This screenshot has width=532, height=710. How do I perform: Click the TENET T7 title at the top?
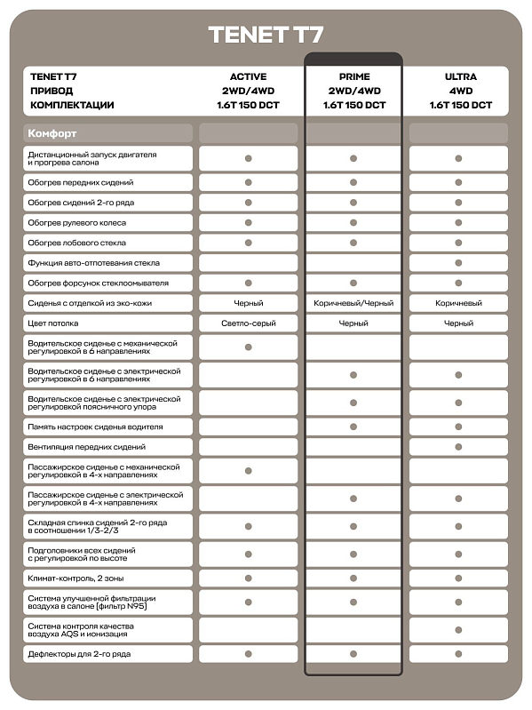click(266, 36)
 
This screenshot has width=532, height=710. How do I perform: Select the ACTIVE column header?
click(248, 77)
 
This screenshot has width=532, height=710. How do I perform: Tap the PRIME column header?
click(353, 77)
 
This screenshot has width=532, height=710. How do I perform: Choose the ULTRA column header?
click(460, 77)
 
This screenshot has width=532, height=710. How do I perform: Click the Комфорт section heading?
click(52, 133)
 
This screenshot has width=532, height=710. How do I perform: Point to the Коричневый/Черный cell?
click(353, 304)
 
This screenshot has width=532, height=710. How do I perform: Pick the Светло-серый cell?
click(248, 323)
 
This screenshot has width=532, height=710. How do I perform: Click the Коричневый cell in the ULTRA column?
click(459, 304)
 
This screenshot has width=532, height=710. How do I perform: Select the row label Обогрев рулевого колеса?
click(76, 223)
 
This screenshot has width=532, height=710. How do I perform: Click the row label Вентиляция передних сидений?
click(86, 447)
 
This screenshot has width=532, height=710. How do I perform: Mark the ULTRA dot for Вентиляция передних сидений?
click(459, 447)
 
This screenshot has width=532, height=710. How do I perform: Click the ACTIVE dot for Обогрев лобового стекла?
click(249, 243)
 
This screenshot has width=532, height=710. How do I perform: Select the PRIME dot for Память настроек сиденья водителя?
click(353, 427)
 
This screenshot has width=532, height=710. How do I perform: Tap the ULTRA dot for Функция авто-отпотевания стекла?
click(459, 263)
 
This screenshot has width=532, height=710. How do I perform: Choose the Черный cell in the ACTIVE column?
click(248, 304)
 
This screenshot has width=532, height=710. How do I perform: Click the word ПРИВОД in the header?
click(52, 91)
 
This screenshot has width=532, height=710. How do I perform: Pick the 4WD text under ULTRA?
click(460, 91)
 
